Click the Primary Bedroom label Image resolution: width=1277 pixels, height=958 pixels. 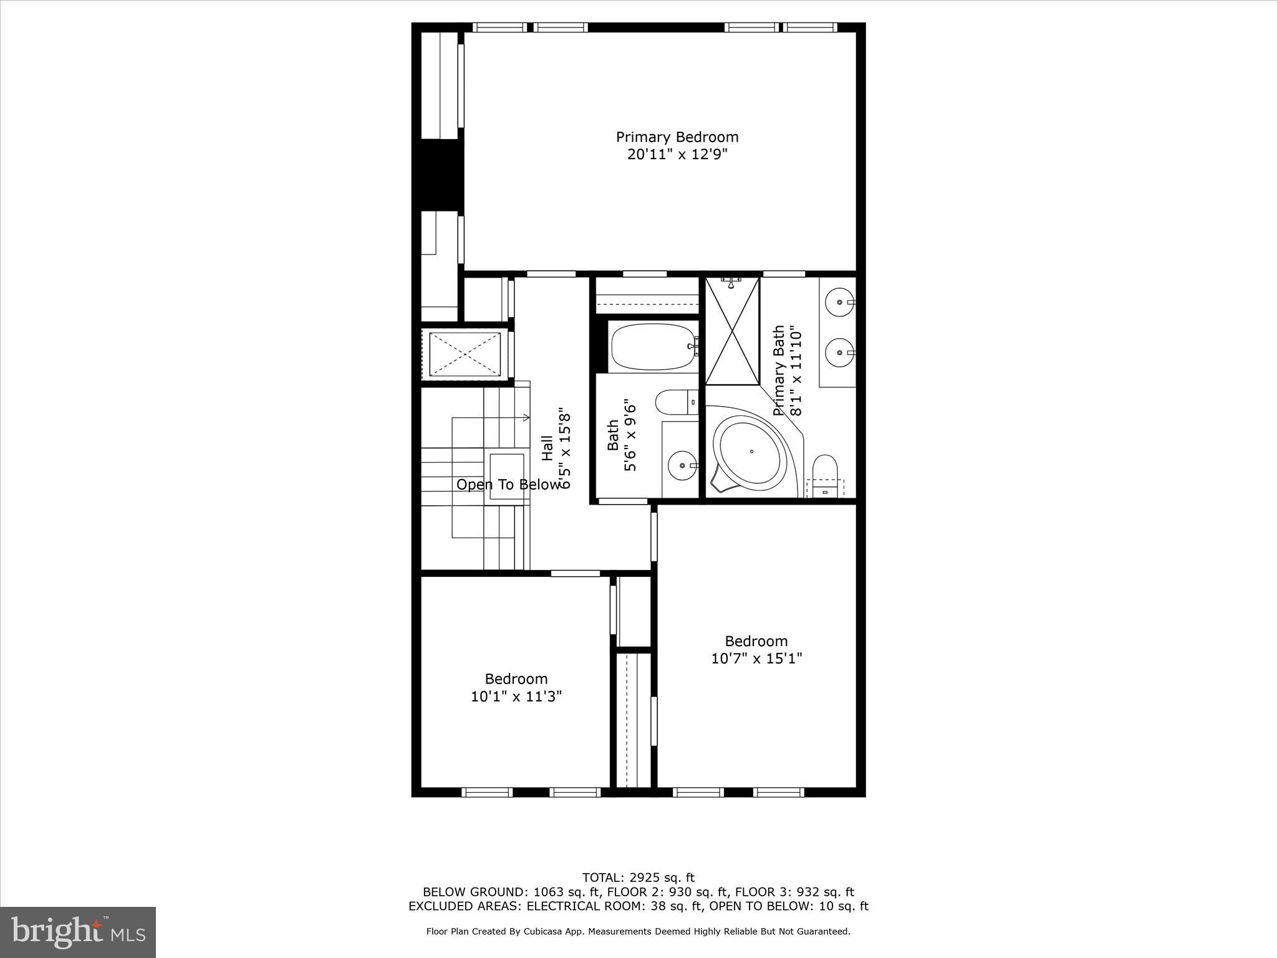tap(677, 137)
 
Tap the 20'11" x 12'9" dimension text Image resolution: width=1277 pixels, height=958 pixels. tap(677, 155)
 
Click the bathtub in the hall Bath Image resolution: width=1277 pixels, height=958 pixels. tap(652, 346)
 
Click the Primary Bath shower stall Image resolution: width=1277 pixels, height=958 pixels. tap(732, 331)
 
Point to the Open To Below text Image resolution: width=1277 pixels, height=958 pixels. tap(508, 485)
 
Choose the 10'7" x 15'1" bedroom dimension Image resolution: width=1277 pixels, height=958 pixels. tap(756, 659)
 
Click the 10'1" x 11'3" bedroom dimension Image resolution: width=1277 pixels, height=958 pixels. tap(516, 696)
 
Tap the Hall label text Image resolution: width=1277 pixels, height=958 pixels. tap(547, 448)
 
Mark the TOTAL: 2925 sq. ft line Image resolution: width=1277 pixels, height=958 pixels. tap(638, 878)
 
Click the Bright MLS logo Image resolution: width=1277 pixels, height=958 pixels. tap(78, 932)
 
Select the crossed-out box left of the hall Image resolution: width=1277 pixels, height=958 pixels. tap(465, 354)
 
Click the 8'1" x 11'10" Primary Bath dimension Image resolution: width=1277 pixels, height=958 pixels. tap(795, 370)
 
